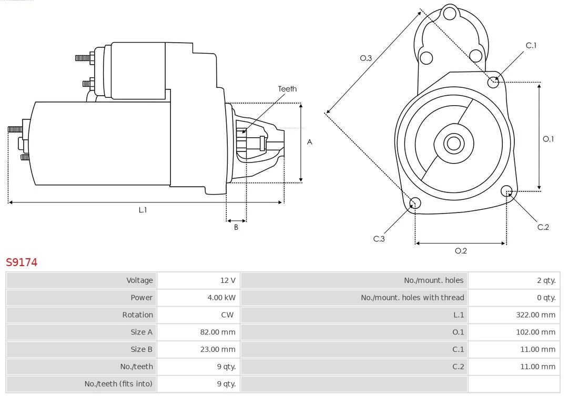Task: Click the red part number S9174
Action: [22, 262]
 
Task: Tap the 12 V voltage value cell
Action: [228, 280]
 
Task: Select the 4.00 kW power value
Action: [221, 298]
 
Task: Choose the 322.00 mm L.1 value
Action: [535, 315]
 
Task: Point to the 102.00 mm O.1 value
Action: [535, 332]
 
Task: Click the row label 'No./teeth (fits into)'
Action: [118, 384]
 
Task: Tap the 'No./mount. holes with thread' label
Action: [412, 298]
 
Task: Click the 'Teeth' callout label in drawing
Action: [287, 89]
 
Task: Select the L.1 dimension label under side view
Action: [143, 210]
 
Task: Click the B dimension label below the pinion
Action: [236, 228]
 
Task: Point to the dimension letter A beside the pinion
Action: [310, 142]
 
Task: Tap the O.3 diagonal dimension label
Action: [366, 58]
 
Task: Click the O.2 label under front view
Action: [461, 251]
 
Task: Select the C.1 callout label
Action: [531, 46]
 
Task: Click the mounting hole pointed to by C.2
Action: [506, 190]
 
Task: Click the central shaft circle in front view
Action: [453, 143]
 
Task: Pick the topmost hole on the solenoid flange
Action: [450, 13]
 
